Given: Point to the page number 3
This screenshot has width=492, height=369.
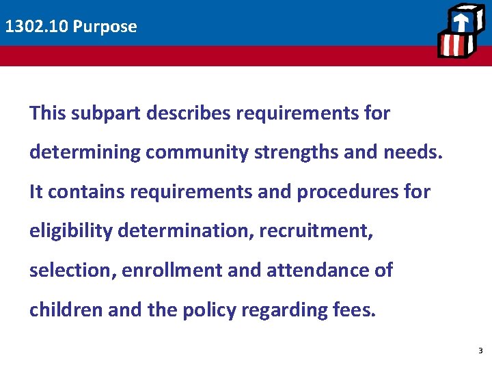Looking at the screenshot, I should [x=480, y=351].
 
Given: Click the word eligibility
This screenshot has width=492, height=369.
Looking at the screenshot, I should [x=70, y=231].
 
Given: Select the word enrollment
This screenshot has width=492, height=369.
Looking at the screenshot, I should [x=173, y=271].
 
